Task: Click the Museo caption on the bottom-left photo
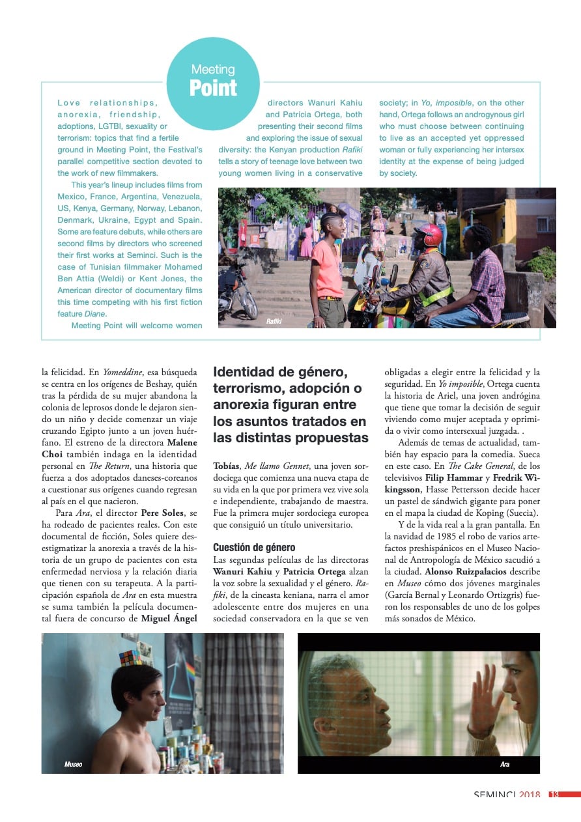point(73,764)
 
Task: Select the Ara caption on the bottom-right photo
point(505,764)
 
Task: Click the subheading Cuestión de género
point(254,548)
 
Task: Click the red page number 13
point(554,794)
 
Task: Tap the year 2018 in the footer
point(529,794)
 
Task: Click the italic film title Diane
point(95,314)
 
